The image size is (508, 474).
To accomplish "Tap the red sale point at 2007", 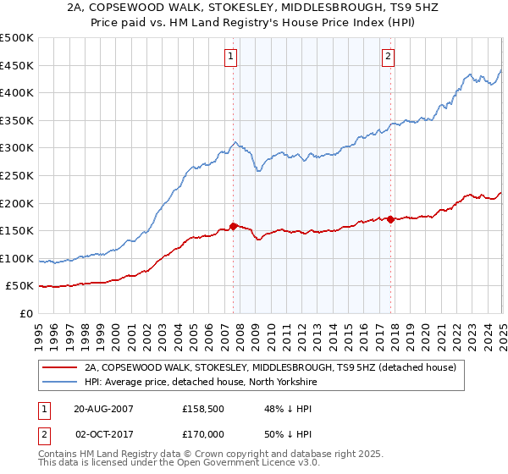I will point(234,226).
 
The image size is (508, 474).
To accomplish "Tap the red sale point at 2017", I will point(390,219).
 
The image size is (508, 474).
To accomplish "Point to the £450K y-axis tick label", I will point(17,65).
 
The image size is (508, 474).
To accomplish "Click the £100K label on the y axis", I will point(17,258).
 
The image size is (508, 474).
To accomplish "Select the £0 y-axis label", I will point(26,314).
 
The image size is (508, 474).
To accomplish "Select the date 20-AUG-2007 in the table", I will point(105,408).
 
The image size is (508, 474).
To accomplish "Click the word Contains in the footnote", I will point(59,455).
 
